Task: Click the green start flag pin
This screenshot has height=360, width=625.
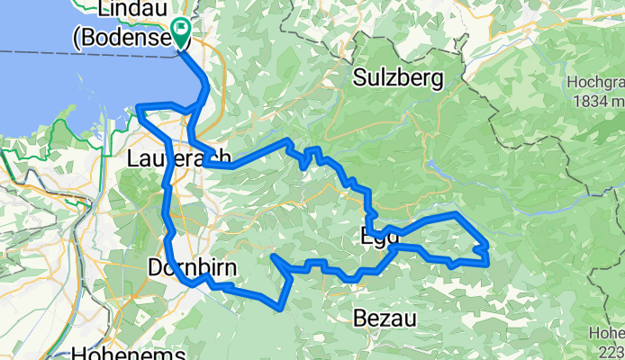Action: pos(180,34)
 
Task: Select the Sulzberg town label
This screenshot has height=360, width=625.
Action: pos(398,78)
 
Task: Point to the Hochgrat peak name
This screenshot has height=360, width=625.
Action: pos(596,82)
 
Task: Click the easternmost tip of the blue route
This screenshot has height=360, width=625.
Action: pos(488,261)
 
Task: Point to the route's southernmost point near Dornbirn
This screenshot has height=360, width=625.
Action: pos(275,308)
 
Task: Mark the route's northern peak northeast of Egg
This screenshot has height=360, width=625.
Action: pos(457,214)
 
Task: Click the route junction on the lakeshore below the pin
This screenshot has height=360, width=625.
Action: pos(200,106)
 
